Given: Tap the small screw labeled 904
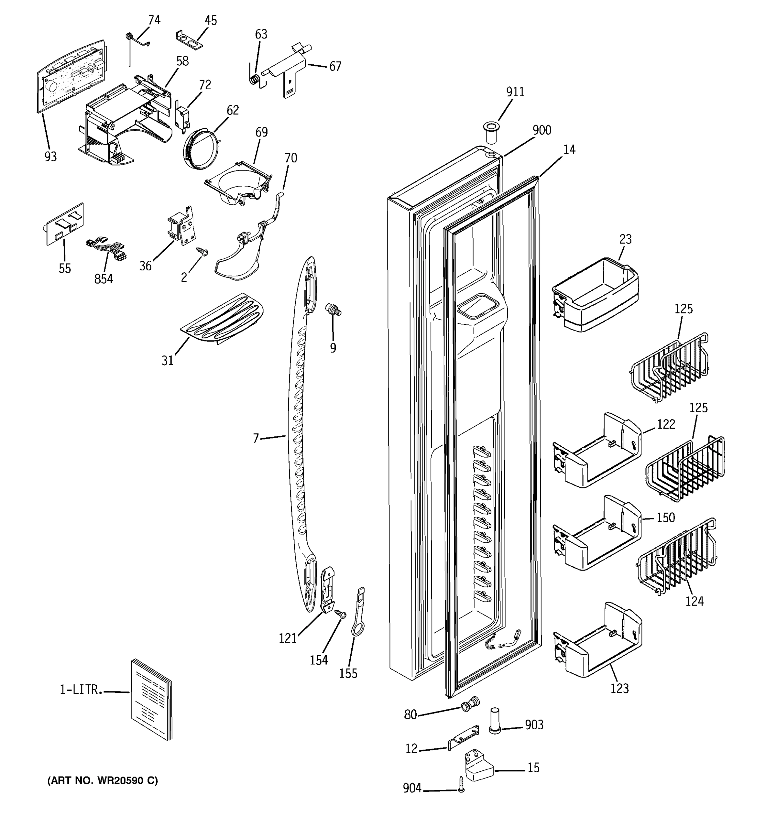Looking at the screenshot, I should coord(461,784).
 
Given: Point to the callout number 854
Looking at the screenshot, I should coord(103,279).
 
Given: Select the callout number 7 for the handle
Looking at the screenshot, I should coord(256,439).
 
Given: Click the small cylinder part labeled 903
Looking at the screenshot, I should coord(495,720).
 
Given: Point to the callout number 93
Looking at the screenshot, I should coord(50,157).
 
